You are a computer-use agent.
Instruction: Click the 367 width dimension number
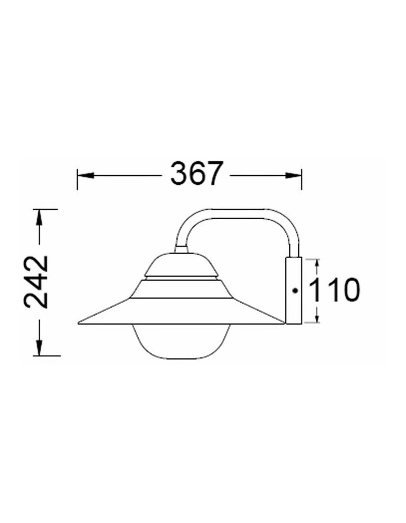click(196, 174)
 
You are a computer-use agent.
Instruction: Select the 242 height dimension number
click(36, 282)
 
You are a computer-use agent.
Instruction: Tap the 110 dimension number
click(334, 290)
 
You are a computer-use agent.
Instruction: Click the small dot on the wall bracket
click(295, 290)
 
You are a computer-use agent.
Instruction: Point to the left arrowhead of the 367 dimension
click(86, 175)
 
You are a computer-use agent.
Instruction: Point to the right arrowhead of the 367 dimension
click(293, 175)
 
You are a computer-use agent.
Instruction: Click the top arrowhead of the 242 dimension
click(39, 218)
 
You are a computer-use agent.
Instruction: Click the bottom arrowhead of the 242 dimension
click(39, 348)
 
